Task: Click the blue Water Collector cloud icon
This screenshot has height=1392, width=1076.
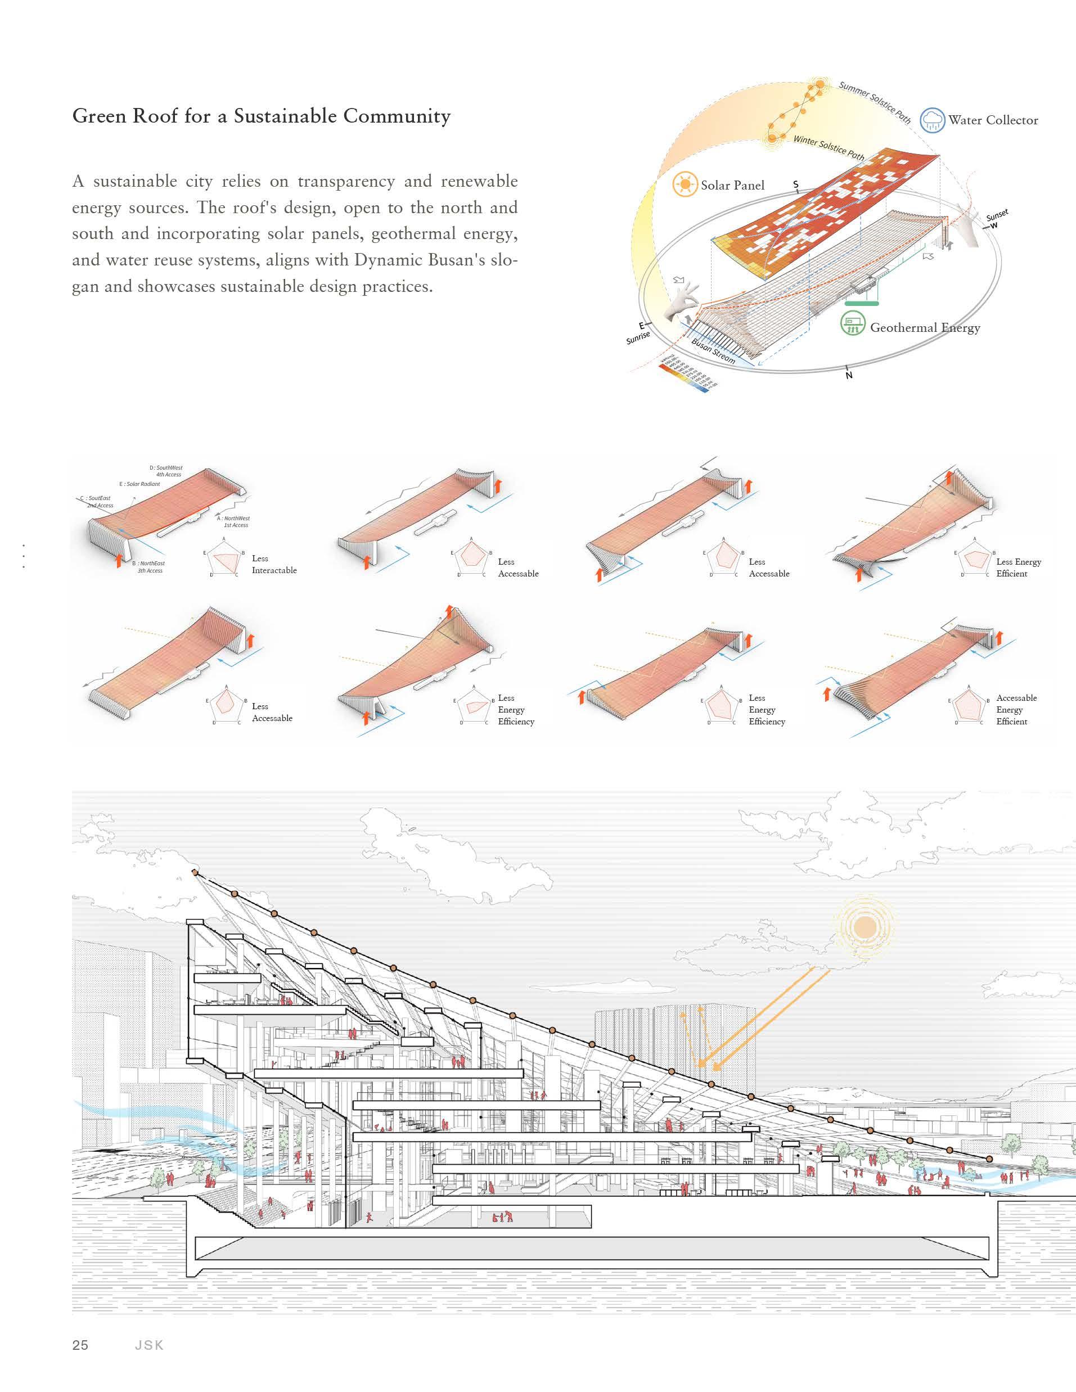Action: tap(933, 119)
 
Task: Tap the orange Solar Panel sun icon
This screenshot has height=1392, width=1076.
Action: tap(685, 185)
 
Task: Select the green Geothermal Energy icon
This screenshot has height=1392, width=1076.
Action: tap(852, 324)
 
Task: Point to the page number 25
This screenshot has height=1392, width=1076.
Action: tap(80, 1345)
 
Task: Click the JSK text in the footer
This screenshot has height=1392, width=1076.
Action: tap(149, 1345)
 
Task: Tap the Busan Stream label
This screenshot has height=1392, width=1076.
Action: tap(713, 351)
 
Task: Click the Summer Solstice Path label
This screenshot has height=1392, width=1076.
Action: tap(875, 101)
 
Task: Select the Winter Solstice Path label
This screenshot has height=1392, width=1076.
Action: tap(829, 148)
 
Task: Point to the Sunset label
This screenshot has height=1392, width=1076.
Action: tap(997, 216)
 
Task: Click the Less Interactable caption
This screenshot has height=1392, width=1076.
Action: tap(274, 564)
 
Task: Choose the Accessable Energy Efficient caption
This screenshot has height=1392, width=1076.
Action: tap(1016, 709)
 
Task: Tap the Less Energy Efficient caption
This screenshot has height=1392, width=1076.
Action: tap(1018, 567)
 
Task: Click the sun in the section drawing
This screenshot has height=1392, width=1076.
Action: tap(864, 927)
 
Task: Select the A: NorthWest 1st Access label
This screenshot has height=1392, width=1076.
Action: tap(234, 521)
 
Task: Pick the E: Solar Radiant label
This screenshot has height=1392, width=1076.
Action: tap(139, 484)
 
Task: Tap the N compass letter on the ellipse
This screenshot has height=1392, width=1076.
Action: tap(848, 375)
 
